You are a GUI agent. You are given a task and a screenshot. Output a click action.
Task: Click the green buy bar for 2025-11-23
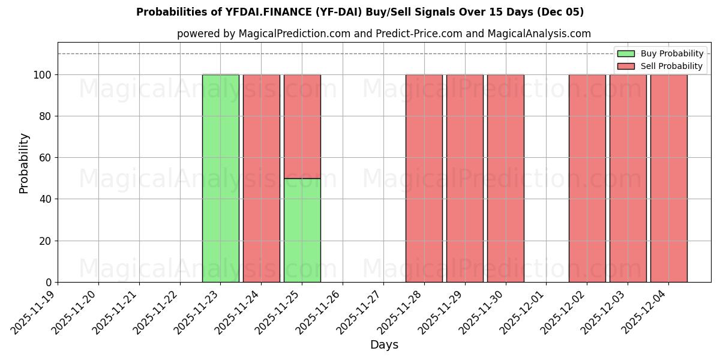(x=220, y=178)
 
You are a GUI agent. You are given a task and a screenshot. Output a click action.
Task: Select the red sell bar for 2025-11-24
(x=261, y=178)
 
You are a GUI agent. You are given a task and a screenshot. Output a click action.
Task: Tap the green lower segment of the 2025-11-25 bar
(x=302, y=230)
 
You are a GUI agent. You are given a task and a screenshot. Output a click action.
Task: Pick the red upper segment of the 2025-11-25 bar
(x=302, y=127)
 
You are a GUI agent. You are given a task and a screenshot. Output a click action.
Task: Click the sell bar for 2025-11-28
(x=424, y=178)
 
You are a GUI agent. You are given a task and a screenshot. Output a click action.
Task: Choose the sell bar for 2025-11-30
(x=505, y=178)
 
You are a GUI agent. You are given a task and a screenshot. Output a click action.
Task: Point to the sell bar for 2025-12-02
(x=587, y=178)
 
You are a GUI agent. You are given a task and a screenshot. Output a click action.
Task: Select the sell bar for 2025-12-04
(x=668, y=178)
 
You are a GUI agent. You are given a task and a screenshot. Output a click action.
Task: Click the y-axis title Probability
(x=24, y=163)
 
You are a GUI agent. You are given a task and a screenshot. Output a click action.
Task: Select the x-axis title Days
(x=384, y=345)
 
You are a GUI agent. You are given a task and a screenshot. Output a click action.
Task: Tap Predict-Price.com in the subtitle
(x=419, y=34)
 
